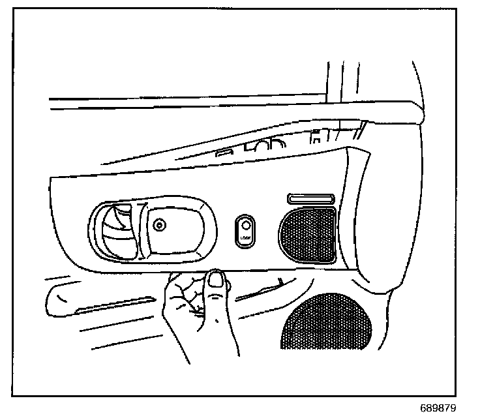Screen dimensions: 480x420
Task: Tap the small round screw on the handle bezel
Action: [x=158, y=226]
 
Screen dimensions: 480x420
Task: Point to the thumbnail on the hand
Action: [x=218, y=280]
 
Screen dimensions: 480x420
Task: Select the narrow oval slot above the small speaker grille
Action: [x=310, y=198]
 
